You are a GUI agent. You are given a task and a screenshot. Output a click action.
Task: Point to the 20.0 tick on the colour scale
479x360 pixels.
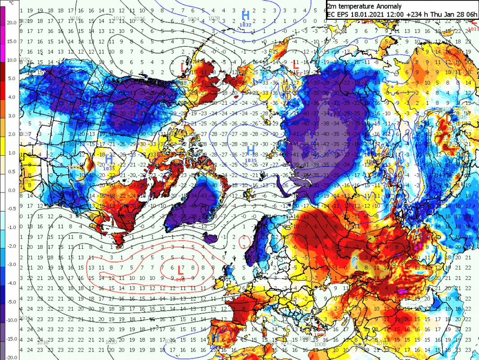[10, 22]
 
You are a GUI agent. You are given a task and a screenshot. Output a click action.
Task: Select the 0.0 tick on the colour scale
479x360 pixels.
[11, 190]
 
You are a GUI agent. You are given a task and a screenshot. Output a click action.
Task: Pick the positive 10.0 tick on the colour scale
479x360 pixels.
[10, 60]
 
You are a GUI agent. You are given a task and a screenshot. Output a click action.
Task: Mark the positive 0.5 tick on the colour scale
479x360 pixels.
[11, 171]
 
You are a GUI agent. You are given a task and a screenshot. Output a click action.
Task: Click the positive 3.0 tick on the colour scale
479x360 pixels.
[11, 116]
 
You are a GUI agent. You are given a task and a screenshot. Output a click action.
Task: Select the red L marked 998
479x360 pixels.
[180, 270]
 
